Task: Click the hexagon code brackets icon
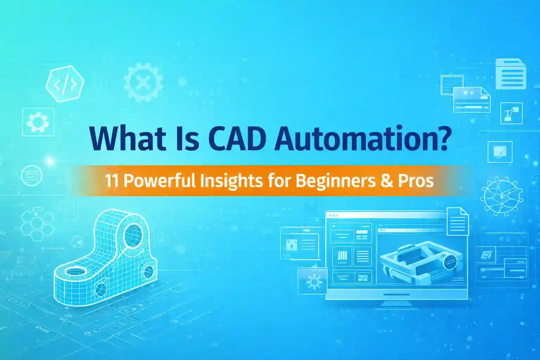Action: click(x=65, y=84)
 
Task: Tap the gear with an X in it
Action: click(x=143, y=82)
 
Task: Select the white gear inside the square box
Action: click(x=38, y=122)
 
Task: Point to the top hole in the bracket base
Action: click(x=76, y=271)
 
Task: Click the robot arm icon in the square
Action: click(x=511, y=113)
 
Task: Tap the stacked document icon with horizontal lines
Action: click(x=511, y=74)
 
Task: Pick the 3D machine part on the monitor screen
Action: click(x=421, y=262)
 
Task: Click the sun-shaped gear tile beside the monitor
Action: click(x=313, y=281)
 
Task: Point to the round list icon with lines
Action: click(x=32, y=175)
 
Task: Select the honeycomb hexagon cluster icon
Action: click(x=37, y=224)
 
